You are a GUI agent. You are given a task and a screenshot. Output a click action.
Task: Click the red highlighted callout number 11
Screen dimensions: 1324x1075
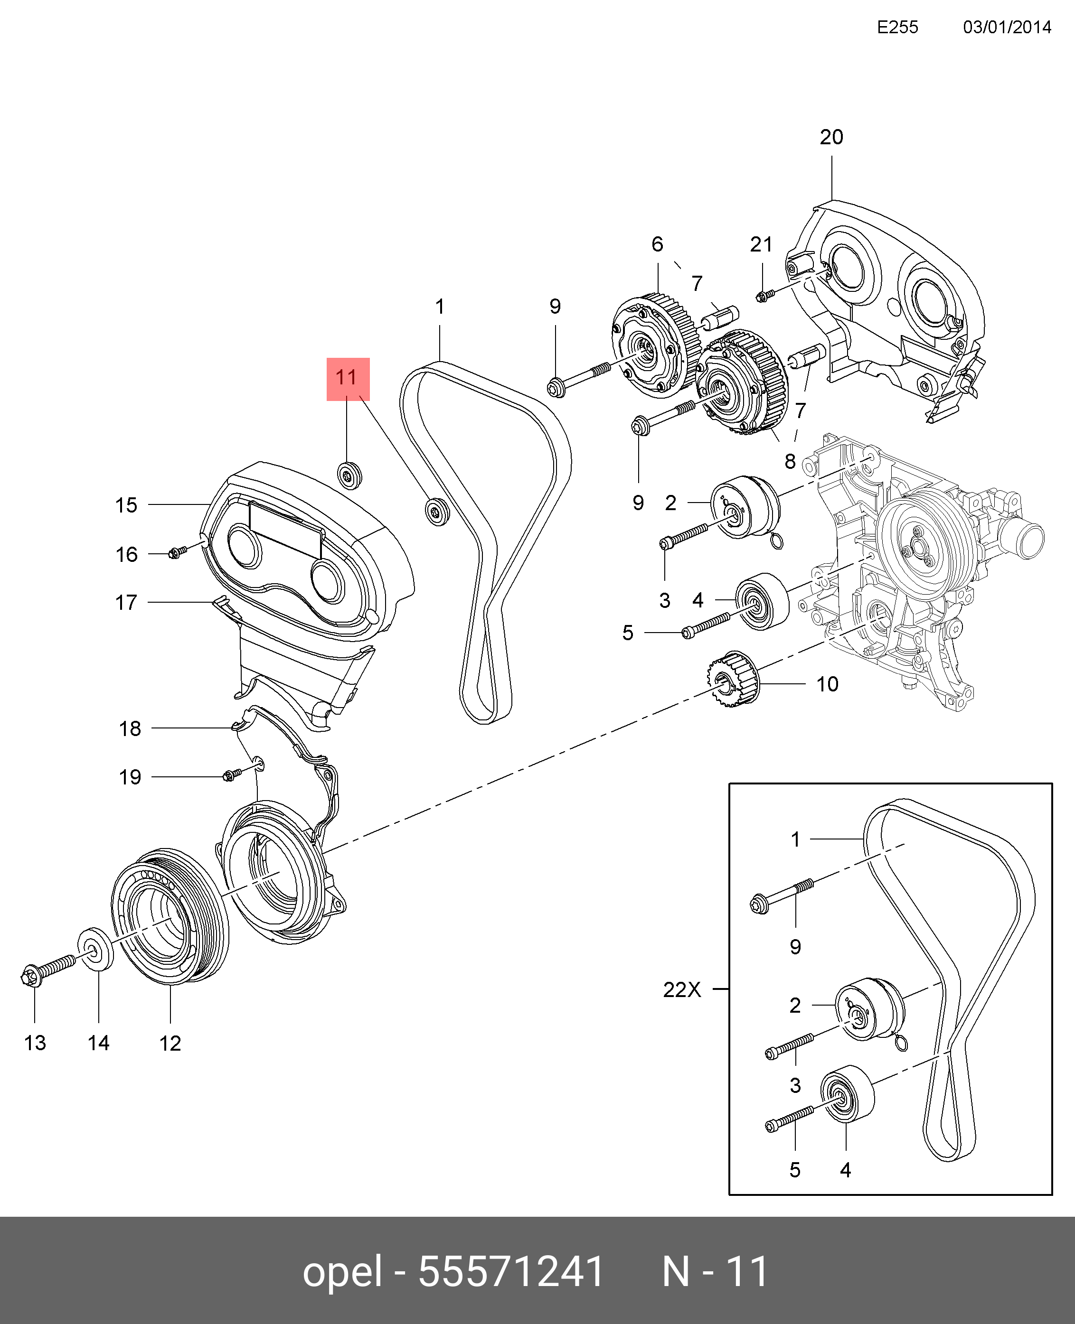[x=348, y=378]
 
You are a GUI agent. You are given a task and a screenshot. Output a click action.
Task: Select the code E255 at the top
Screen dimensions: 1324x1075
[x=897, y=27]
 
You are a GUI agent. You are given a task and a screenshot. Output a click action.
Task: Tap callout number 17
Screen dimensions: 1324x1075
[x=126, y=602]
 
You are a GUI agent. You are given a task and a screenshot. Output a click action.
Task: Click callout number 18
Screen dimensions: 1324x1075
[x=130, y=728]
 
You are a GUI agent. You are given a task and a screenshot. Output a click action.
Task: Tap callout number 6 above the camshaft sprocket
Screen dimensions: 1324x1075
[x=657, y=244]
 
